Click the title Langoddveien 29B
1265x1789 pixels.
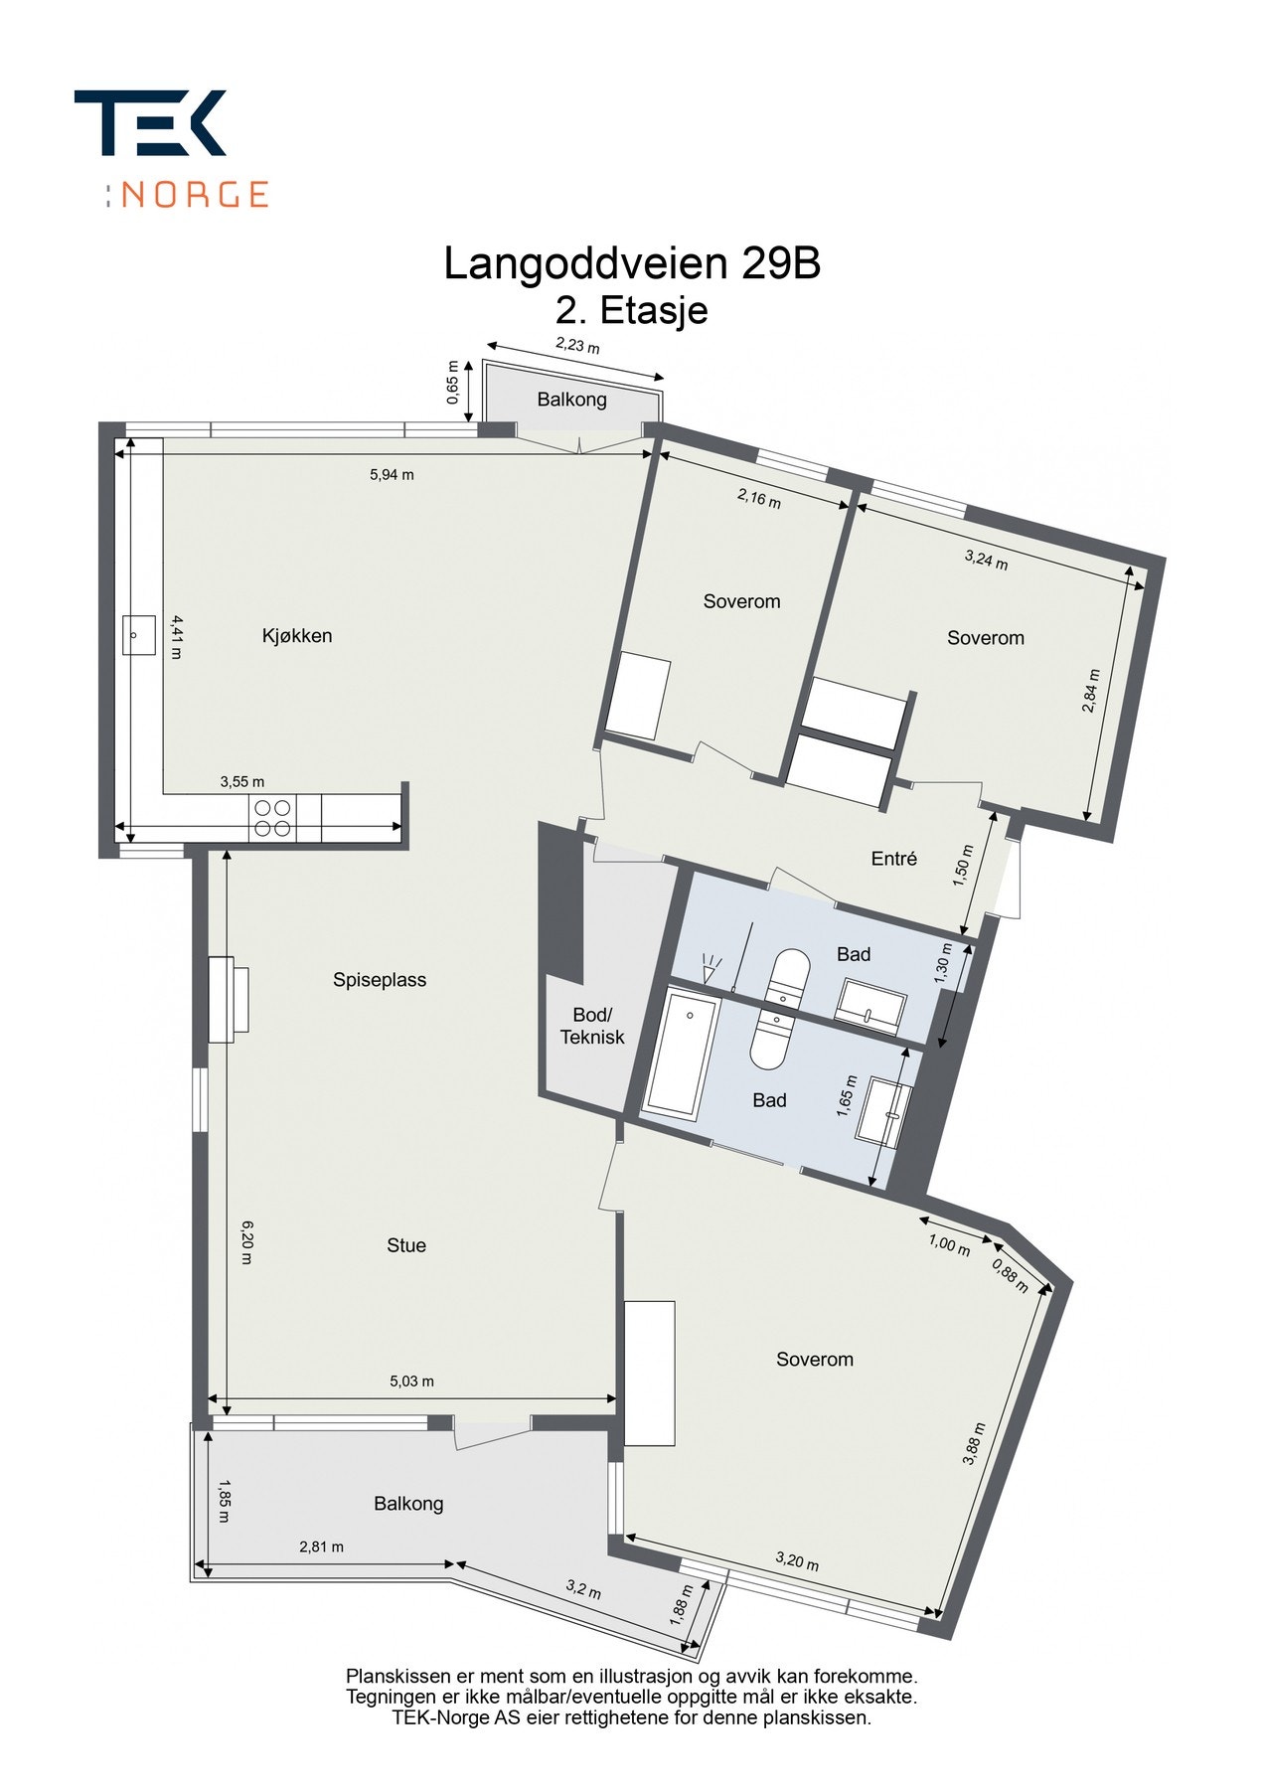pos(631,264)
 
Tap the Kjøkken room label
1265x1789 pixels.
pos(297,636)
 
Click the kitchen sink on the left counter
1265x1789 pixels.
pos(139,634)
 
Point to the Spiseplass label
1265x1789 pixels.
pos(380,980)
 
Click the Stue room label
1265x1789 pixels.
pos(406,1245)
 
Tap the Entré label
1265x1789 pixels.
pos(893,859)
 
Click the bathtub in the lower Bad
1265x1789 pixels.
pos(682,1055)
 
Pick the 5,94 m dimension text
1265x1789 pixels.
pos(392,475)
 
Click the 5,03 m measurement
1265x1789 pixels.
pos(411,1382)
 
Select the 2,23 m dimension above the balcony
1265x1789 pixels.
pos(577,346)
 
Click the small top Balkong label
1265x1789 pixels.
pos(571,400)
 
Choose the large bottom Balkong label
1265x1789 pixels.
pos(408,1504)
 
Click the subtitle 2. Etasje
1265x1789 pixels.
pos(631,311)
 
